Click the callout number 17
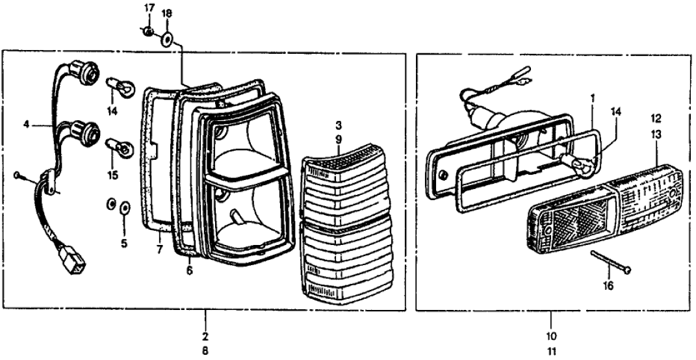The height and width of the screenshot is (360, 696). pyautogui.click(x=149, y=8)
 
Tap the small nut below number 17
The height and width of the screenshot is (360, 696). pyautogui.click(x=149, y=31)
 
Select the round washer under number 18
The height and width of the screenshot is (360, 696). pyautogui.click(x=166, y=39)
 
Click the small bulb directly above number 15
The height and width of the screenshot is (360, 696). pyautogui.click(x=121, y=148)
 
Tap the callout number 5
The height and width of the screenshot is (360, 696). pyautogui.click(x=125, y=245)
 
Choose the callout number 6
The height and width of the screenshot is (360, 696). pyautogui.click(x=190, y=269)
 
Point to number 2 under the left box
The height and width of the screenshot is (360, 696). pyautogui.click(x=205, y=337)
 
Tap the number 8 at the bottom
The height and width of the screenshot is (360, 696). pyautogui.click(x=205, y=352)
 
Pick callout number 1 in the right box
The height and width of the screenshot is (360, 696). pyautogui.click(x=592, y=99)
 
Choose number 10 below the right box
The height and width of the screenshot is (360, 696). pyautogui.click(x=551, y=337)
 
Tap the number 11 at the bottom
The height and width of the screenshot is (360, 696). pyautogui.click(x=551, y=352)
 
